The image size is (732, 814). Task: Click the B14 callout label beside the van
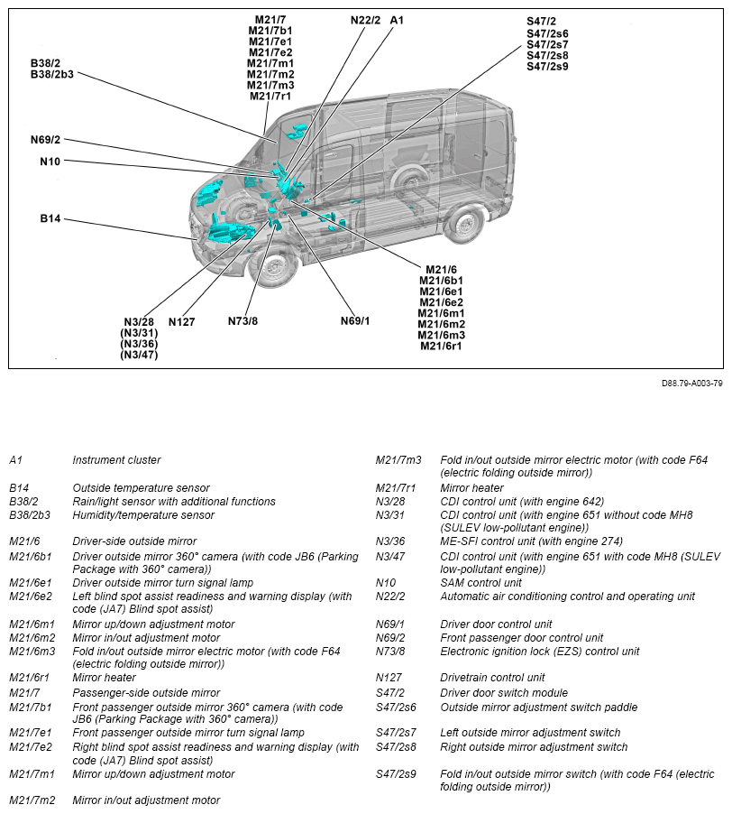click(x=50, y=218)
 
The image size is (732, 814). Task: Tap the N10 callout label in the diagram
click(x=50, y=162)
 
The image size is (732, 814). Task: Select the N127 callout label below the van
click(x=182, y=322)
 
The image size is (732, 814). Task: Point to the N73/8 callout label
click(x=242, y=321)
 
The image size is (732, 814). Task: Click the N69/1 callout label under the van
click(x=355, y=321)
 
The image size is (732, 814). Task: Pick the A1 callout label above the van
click(x=398, y=20)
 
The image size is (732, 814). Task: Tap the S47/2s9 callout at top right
click(x=547, y=67)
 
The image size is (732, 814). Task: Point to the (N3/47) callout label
click(x=139, y=355)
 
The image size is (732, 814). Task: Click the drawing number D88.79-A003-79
click(x=691, y=383)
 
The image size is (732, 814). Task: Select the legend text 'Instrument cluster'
click(x=116, y=460)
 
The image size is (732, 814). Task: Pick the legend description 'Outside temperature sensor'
click(x=141, y=488)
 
